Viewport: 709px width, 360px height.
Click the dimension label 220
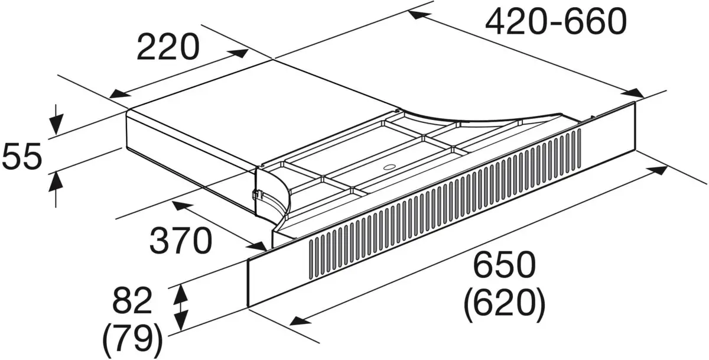[168, 48]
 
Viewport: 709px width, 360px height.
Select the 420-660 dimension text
[555, 22]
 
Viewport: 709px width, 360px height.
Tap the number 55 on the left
[22, 158]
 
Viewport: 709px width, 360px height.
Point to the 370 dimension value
[180, 241]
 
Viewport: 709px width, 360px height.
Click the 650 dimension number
[504, 265]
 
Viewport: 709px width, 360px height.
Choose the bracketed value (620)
[504, 304]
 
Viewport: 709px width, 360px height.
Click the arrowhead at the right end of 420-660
[636, 93]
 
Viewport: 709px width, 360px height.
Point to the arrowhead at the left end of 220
[118, 95]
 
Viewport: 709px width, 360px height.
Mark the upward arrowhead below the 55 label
[55, 178]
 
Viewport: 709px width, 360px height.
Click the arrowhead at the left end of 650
[298, 322]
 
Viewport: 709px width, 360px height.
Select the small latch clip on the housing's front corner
[255, 193]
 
